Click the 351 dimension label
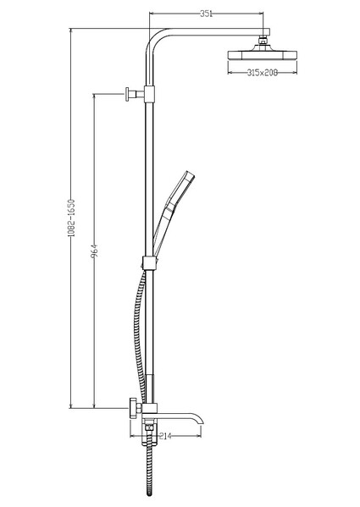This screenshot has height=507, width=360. (206, 14)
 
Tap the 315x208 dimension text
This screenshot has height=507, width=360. (263, 73)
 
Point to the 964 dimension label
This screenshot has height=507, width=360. (95, 251)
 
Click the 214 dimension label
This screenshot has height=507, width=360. (165, 436)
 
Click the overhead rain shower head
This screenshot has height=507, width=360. (263, 54)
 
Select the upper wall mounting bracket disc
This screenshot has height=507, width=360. (127, 94)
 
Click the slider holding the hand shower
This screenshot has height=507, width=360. (151, 262)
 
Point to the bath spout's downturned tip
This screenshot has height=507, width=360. (201, 421)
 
